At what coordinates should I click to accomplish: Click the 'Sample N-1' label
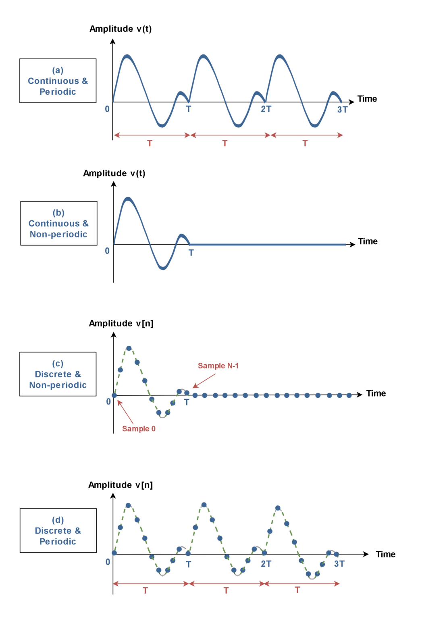[218, 366]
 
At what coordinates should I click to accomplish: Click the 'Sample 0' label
[139, 429]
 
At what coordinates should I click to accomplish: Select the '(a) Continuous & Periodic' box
[58, 81]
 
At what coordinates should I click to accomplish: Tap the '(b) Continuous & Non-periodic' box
[58, 223]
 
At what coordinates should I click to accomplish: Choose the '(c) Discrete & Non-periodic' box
[58, 374]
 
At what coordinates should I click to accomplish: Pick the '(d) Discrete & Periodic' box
[58, 531]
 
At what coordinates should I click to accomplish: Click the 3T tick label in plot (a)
[342, 110]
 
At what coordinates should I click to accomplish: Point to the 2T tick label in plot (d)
[266, 564]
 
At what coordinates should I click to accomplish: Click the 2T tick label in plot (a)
[266, 109]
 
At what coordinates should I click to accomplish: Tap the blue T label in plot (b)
[191, 253]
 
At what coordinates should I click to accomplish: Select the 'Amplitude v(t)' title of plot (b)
[114, 173]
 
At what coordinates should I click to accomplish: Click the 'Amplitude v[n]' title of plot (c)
[121, 323]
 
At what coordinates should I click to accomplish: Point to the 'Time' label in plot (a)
[367, 99]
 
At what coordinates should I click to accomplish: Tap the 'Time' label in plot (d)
[385, 554]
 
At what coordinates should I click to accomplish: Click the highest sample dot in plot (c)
[129, 348]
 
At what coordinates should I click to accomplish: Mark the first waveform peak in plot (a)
[127, 56]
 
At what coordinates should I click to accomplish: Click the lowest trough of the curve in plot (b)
[163, 268]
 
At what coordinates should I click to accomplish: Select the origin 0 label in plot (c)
[108, 401]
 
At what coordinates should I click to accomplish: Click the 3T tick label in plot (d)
[339, 564]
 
